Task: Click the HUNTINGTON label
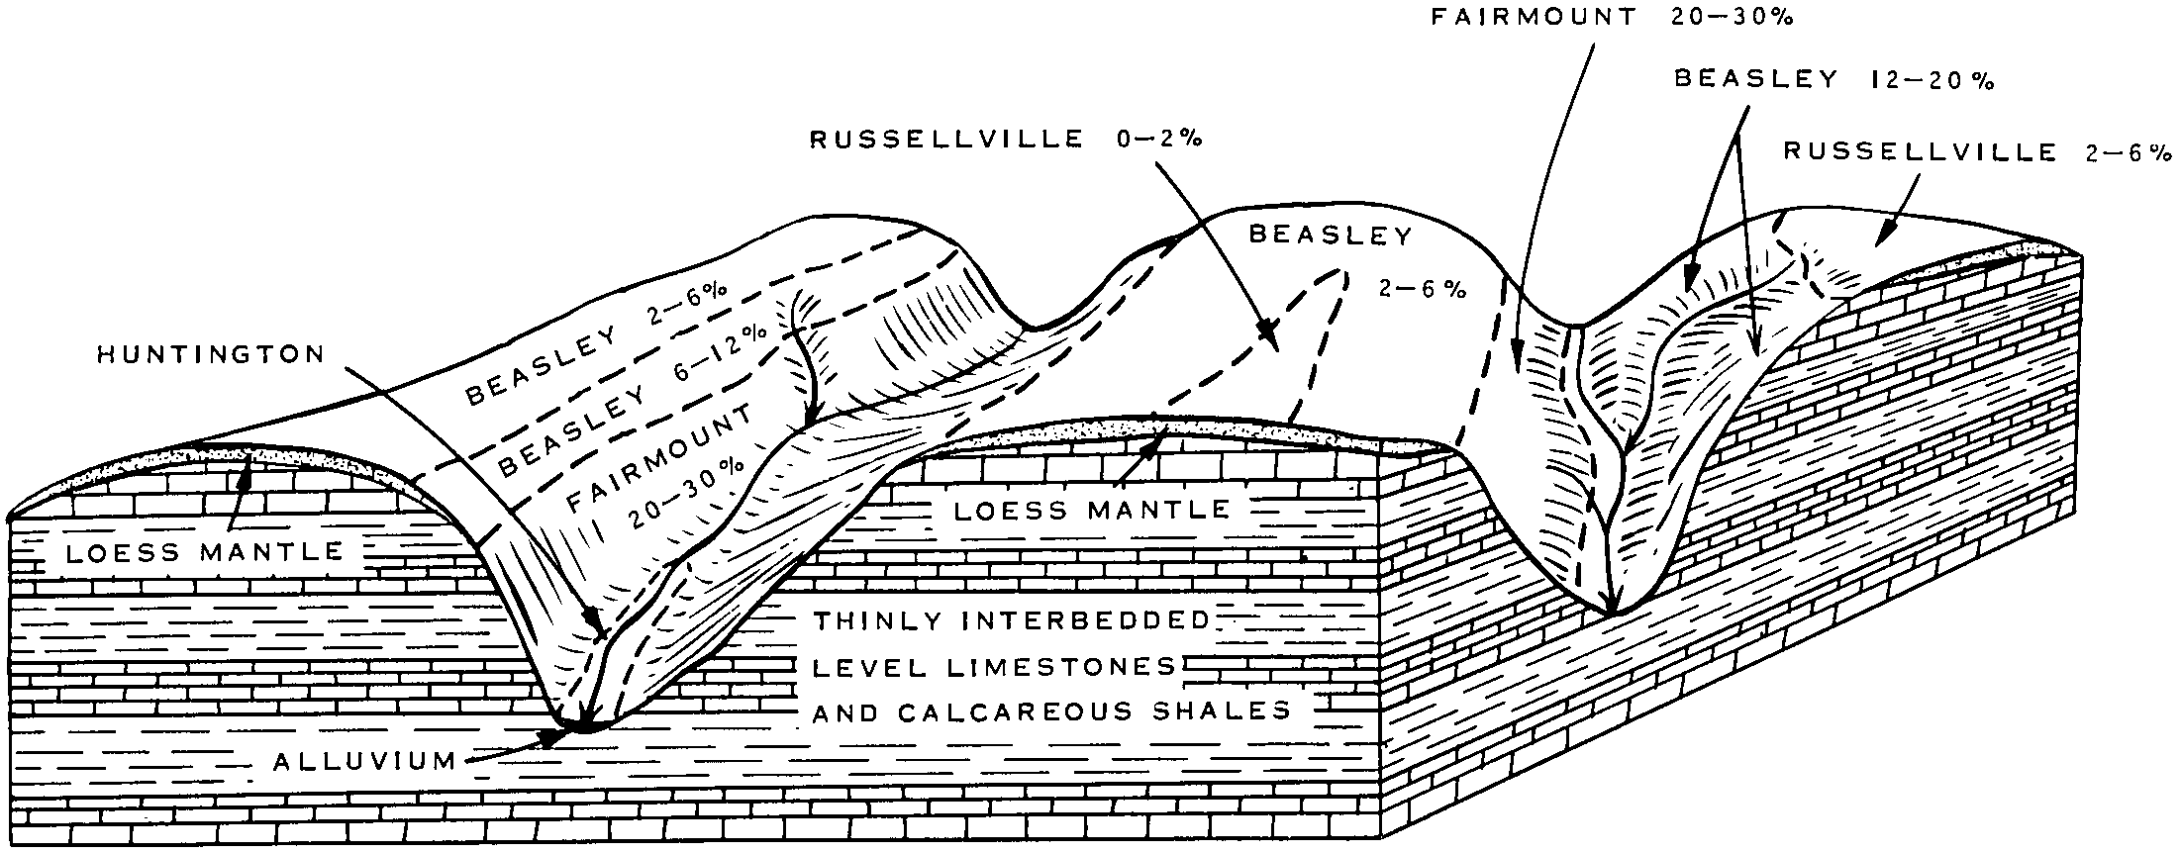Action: click(x=210, y=355)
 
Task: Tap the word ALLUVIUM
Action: click(x=364, y=762)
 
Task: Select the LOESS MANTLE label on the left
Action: click(x=204, y=552)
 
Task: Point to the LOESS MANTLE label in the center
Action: click(x=1091, y=511)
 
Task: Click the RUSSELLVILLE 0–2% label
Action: click(x=1006, y=141)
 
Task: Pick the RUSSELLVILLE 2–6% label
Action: click(x=1976, y=152)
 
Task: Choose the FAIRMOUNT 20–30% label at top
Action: click(x=1613, y=19)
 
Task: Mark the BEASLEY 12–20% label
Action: click(x=1833, y=80)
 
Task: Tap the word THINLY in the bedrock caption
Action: click(x=870, y=621)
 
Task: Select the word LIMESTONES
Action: click(x=1061, y=667)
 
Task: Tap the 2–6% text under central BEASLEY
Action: click(x=1422, y=289)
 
